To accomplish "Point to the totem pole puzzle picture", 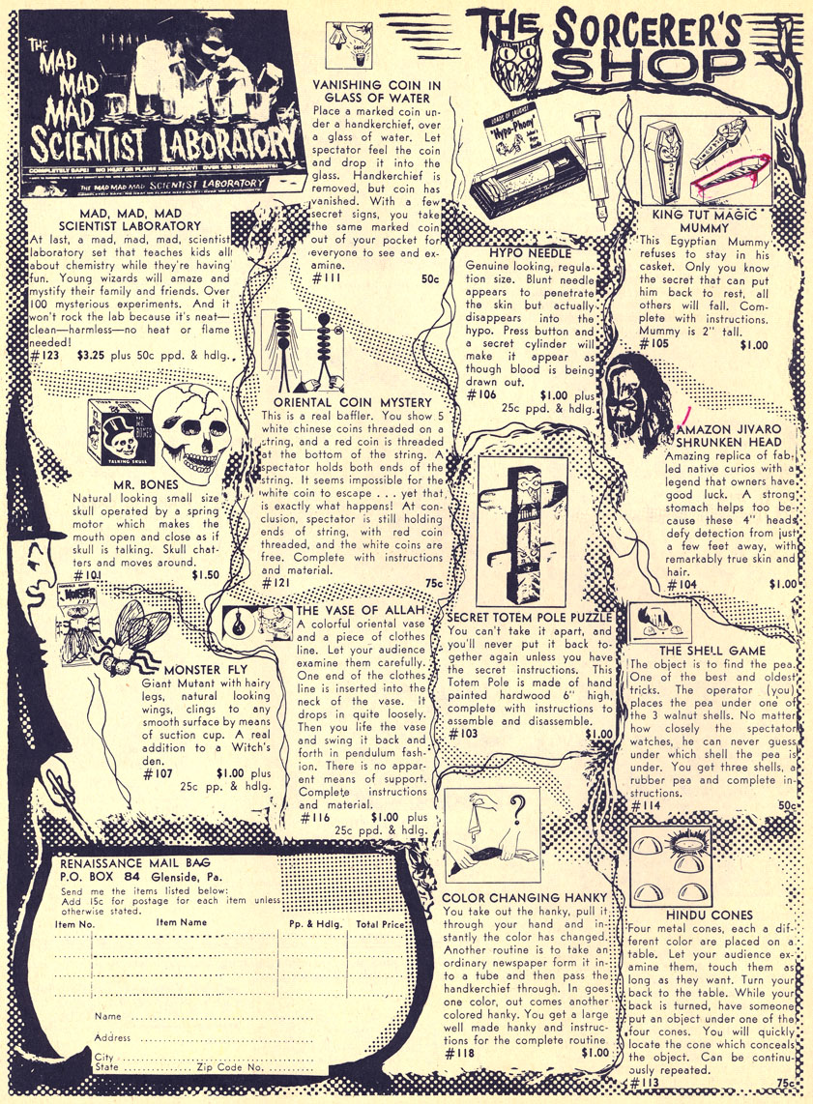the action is (522, 533).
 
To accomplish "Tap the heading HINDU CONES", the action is (710, 915).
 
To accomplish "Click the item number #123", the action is (45, 355).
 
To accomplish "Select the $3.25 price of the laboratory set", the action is (91, 355).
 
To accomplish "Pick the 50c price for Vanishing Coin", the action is (430, 278).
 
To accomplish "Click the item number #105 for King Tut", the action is (654, 343).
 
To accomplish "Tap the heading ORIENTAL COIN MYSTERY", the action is (353, 402).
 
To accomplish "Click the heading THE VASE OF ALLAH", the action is (361, 610).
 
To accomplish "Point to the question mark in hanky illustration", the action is (519, 806).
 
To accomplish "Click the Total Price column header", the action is (381, 924).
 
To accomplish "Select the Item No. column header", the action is (74, 924).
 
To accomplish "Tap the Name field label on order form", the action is (107, 1016).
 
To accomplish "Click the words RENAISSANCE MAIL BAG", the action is (135, 863).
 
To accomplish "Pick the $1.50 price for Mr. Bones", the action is (206, 574).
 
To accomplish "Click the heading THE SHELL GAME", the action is (712, 650).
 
